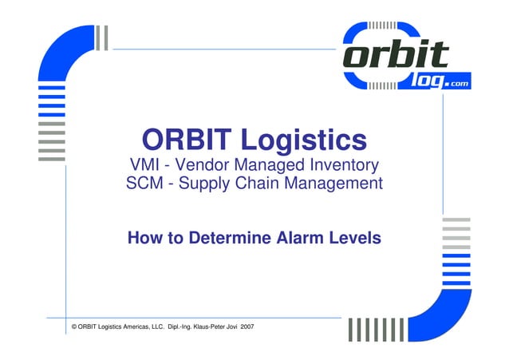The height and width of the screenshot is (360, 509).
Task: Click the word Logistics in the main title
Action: click(x=305, y=141)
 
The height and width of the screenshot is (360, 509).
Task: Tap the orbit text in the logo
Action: click(x=397, y=56)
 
